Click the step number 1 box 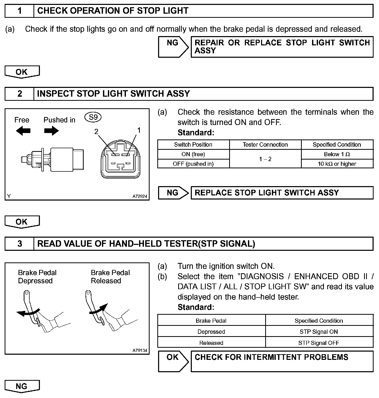pyautogui.click(x=20, y=11)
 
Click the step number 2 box pyautogui.click(x=20, y=94)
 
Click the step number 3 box pyautogui.click(x=20, y=244)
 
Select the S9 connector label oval pyautogui.click(x=93, y=118)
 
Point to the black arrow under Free pyautogui.click(x=23, y=131)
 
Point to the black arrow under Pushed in pyautogui.click(x=51, y=131)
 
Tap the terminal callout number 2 pyautogui.click(x=96, y=132)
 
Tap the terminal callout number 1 pyautogui.click(x=139, y=130)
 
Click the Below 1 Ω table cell pyautogui.click(x=337, y=154)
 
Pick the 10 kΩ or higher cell pyautogui.click(x=337, y=164)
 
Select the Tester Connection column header pyautogui.click(x=265, y=145)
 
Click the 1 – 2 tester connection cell pyautogui.click(x=265, y=159)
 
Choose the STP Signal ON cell pyautogui.click(x=319, y=332)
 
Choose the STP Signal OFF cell pyautogui.click(x=319, y=343)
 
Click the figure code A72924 pyautogui.click(x=140, y=196)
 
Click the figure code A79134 pyautogui.click(x=140, y=350)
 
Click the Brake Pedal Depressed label pyautogui.click(x=37, y=277)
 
